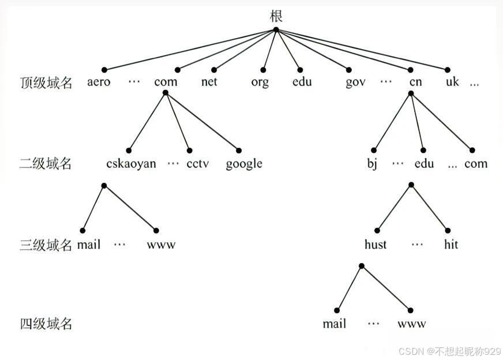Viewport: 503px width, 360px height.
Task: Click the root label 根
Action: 276,16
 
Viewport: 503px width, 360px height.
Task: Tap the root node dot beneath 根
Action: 276,30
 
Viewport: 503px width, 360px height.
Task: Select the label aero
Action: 99,82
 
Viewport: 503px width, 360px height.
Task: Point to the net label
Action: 209,81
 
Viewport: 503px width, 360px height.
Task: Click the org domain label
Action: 260,82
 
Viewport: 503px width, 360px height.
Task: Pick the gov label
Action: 355,82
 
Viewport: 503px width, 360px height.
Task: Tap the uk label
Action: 452,81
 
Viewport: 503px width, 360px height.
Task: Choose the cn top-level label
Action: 415,82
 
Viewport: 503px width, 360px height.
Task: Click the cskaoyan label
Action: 131,164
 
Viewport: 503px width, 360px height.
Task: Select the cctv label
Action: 198,163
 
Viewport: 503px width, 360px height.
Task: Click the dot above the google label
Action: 239,150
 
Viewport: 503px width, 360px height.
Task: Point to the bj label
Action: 372,164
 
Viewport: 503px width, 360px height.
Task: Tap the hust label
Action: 376,244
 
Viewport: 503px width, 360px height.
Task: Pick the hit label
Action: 451,244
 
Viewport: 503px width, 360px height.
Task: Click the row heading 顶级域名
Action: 46,82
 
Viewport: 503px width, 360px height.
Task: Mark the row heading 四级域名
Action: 46,324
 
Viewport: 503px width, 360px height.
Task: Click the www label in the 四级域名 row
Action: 412,324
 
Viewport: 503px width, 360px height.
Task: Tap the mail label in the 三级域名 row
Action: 89,245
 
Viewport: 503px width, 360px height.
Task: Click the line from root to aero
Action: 190,50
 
